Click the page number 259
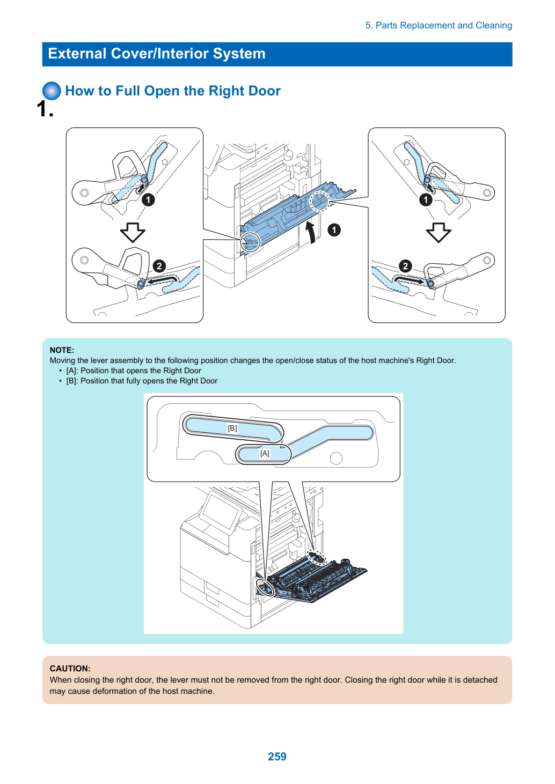click(277, 756)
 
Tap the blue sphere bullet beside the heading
click(52, 91)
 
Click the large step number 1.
click(45, 109)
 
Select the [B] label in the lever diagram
click(232, 428)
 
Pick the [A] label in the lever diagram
click(265, 454)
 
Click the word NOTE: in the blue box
click(62, 350)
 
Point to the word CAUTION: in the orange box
click(70, 669)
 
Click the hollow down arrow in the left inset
click(133, 232)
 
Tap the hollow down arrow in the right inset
click(439, 232)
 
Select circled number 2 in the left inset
click(159, 266)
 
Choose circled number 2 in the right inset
click(405, 266)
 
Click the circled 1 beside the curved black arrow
click(334, 230)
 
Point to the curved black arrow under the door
click(311, 232)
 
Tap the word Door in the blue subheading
click(265, 91)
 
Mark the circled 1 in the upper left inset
click(148, 200)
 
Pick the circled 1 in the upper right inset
click(426, 200)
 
